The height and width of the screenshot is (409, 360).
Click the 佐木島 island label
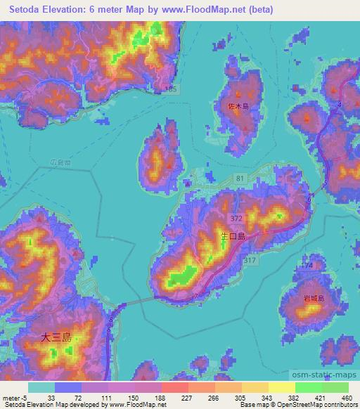(239, 106)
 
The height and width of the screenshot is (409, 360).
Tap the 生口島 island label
(232, 238)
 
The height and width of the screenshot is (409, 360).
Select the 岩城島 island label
(314, 299)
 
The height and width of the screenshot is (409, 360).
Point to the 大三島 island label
(57, 338)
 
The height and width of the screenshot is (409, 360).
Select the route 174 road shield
(307, 266)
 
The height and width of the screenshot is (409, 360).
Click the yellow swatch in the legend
(282, 387)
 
